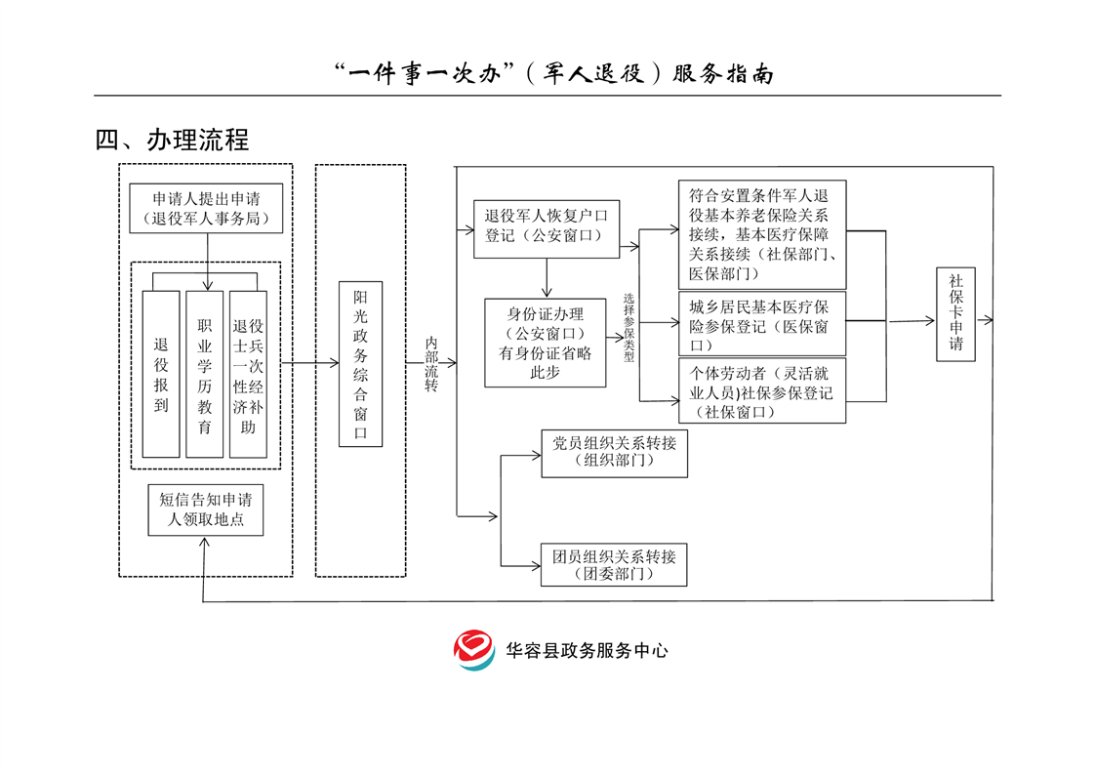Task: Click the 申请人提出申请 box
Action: coord(207,208)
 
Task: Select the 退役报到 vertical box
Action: coord(161,374)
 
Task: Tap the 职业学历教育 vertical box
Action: coord(205,374)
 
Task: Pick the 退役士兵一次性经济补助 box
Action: coord(248,374)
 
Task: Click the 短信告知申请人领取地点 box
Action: coord(206,509)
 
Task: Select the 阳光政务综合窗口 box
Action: coord(360,364)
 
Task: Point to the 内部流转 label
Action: coord(431,364)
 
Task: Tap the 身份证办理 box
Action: coord(546,343)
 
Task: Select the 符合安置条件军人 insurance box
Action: coord(761,233)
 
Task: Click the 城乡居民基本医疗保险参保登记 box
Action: coord(761,323)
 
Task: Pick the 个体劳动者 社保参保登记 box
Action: coord(761,390)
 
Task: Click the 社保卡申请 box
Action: coord(955,313)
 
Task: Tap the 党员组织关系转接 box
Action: coord(613,453)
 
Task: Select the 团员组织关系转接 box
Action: coord(613,564)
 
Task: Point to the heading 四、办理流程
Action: coord(172,140)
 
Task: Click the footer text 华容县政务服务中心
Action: coord(587,650)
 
